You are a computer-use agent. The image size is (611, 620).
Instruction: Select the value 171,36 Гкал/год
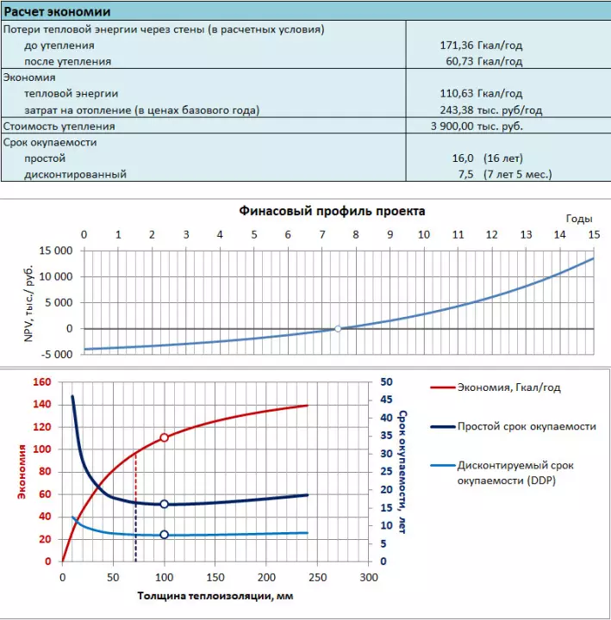[481, 45]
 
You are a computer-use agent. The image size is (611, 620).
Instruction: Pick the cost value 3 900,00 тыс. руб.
[477, 126]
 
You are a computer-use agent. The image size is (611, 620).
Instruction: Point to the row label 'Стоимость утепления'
[59, 126]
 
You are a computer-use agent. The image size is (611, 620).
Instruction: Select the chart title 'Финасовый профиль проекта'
[331, 210]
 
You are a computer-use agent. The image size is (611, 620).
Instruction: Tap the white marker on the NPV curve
[338, 328]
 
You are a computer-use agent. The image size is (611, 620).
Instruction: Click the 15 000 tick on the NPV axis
[57, 251]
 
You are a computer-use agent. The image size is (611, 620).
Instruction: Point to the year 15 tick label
[593, 235]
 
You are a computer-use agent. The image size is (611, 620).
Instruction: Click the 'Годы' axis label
[578, 220]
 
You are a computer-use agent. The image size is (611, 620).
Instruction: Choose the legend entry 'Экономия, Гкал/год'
[508, 387]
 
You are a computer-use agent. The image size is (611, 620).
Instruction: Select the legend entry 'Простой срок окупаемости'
[527, 426]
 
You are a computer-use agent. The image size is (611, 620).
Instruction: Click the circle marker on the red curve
[164, 437]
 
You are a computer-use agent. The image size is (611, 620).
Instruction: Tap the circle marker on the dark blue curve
[164, 505]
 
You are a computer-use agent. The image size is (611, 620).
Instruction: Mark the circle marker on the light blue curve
[164, 535]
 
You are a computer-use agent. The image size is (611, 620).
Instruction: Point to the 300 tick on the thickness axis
[368, 577]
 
